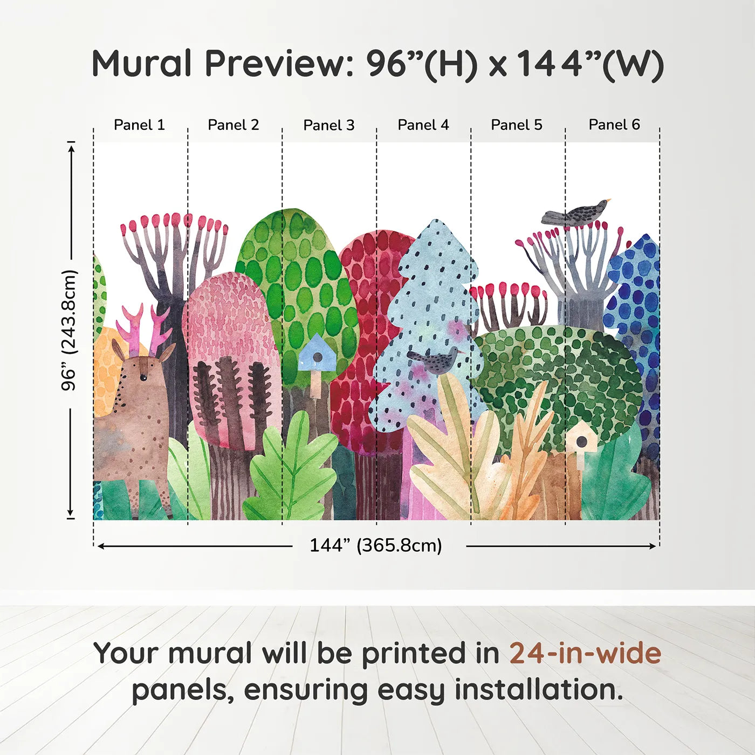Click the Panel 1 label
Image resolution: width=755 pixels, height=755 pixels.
(139, 125)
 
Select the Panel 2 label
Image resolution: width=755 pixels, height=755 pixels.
(234, 125)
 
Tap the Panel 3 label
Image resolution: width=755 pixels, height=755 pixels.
(329, 125)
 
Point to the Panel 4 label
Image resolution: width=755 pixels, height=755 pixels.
(423, 125)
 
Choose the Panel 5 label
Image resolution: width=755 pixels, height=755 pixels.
(517, 125)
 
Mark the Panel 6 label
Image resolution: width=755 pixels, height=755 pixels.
(614, 125)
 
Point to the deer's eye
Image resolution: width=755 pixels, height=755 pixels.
(143, 377)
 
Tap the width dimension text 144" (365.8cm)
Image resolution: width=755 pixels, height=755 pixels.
(375, 546)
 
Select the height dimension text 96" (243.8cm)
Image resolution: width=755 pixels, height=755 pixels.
(69, 330)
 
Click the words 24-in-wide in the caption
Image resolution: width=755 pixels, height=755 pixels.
(585, 654)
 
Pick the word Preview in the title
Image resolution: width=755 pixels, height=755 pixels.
(278, 64)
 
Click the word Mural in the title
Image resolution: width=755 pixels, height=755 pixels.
(142, 64)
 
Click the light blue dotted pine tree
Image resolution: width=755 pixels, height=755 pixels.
(431, 302)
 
